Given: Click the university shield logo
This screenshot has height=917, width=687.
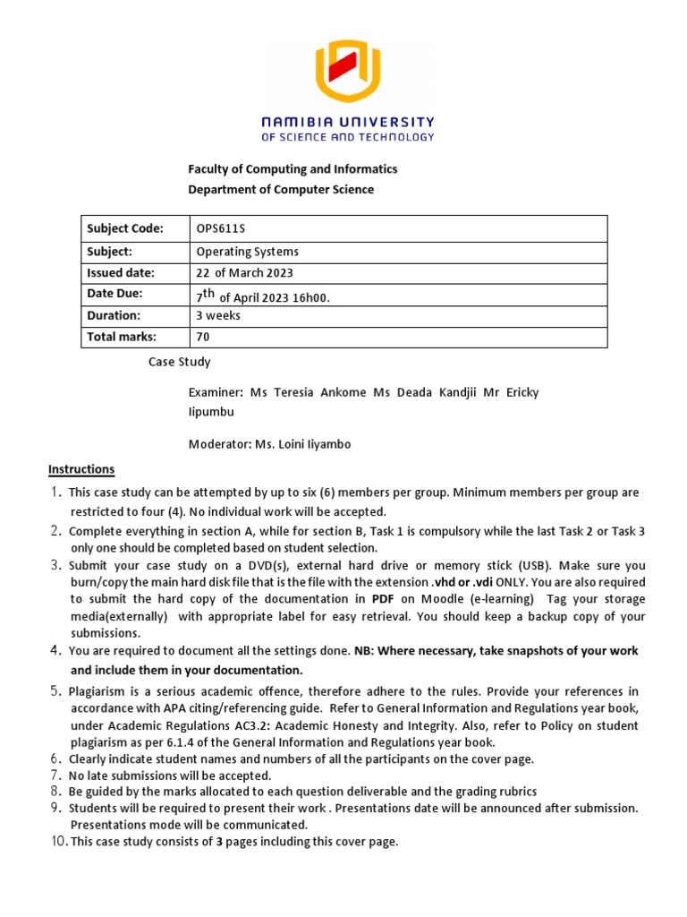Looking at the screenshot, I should click(347, 73).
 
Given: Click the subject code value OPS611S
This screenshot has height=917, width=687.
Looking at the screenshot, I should click(223, 228).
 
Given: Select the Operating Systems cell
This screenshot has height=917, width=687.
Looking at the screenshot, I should click(248, 252).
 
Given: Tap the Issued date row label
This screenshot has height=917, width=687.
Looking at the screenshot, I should click(120, 273).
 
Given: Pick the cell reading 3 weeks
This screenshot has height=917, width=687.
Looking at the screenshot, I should click(217, 315).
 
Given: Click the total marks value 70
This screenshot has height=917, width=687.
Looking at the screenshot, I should click(203, 337).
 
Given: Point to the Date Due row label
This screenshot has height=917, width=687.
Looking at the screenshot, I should click(114, 294).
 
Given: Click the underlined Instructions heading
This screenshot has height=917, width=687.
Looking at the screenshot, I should click(81, 469).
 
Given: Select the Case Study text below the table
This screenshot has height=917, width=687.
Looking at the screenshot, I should click(179, 363).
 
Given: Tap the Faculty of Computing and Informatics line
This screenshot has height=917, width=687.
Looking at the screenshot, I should click(292, 168).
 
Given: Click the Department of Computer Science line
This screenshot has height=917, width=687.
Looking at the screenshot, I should click(280, 189).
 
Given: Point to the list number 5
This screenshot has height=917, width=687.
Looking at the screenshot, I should click(55, 690).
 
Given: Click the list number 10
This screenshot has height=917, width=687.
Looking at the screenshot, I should click(57, 842).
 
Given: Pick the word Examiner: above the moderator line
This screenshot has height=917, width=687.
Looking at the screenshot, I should click(216, 393).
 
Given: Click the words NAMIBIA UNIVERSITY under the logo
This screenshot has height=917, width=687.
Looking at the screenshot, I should click(347, 122).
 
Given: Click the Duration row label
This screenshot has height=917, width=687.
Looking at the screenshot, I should click(114, 315).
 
